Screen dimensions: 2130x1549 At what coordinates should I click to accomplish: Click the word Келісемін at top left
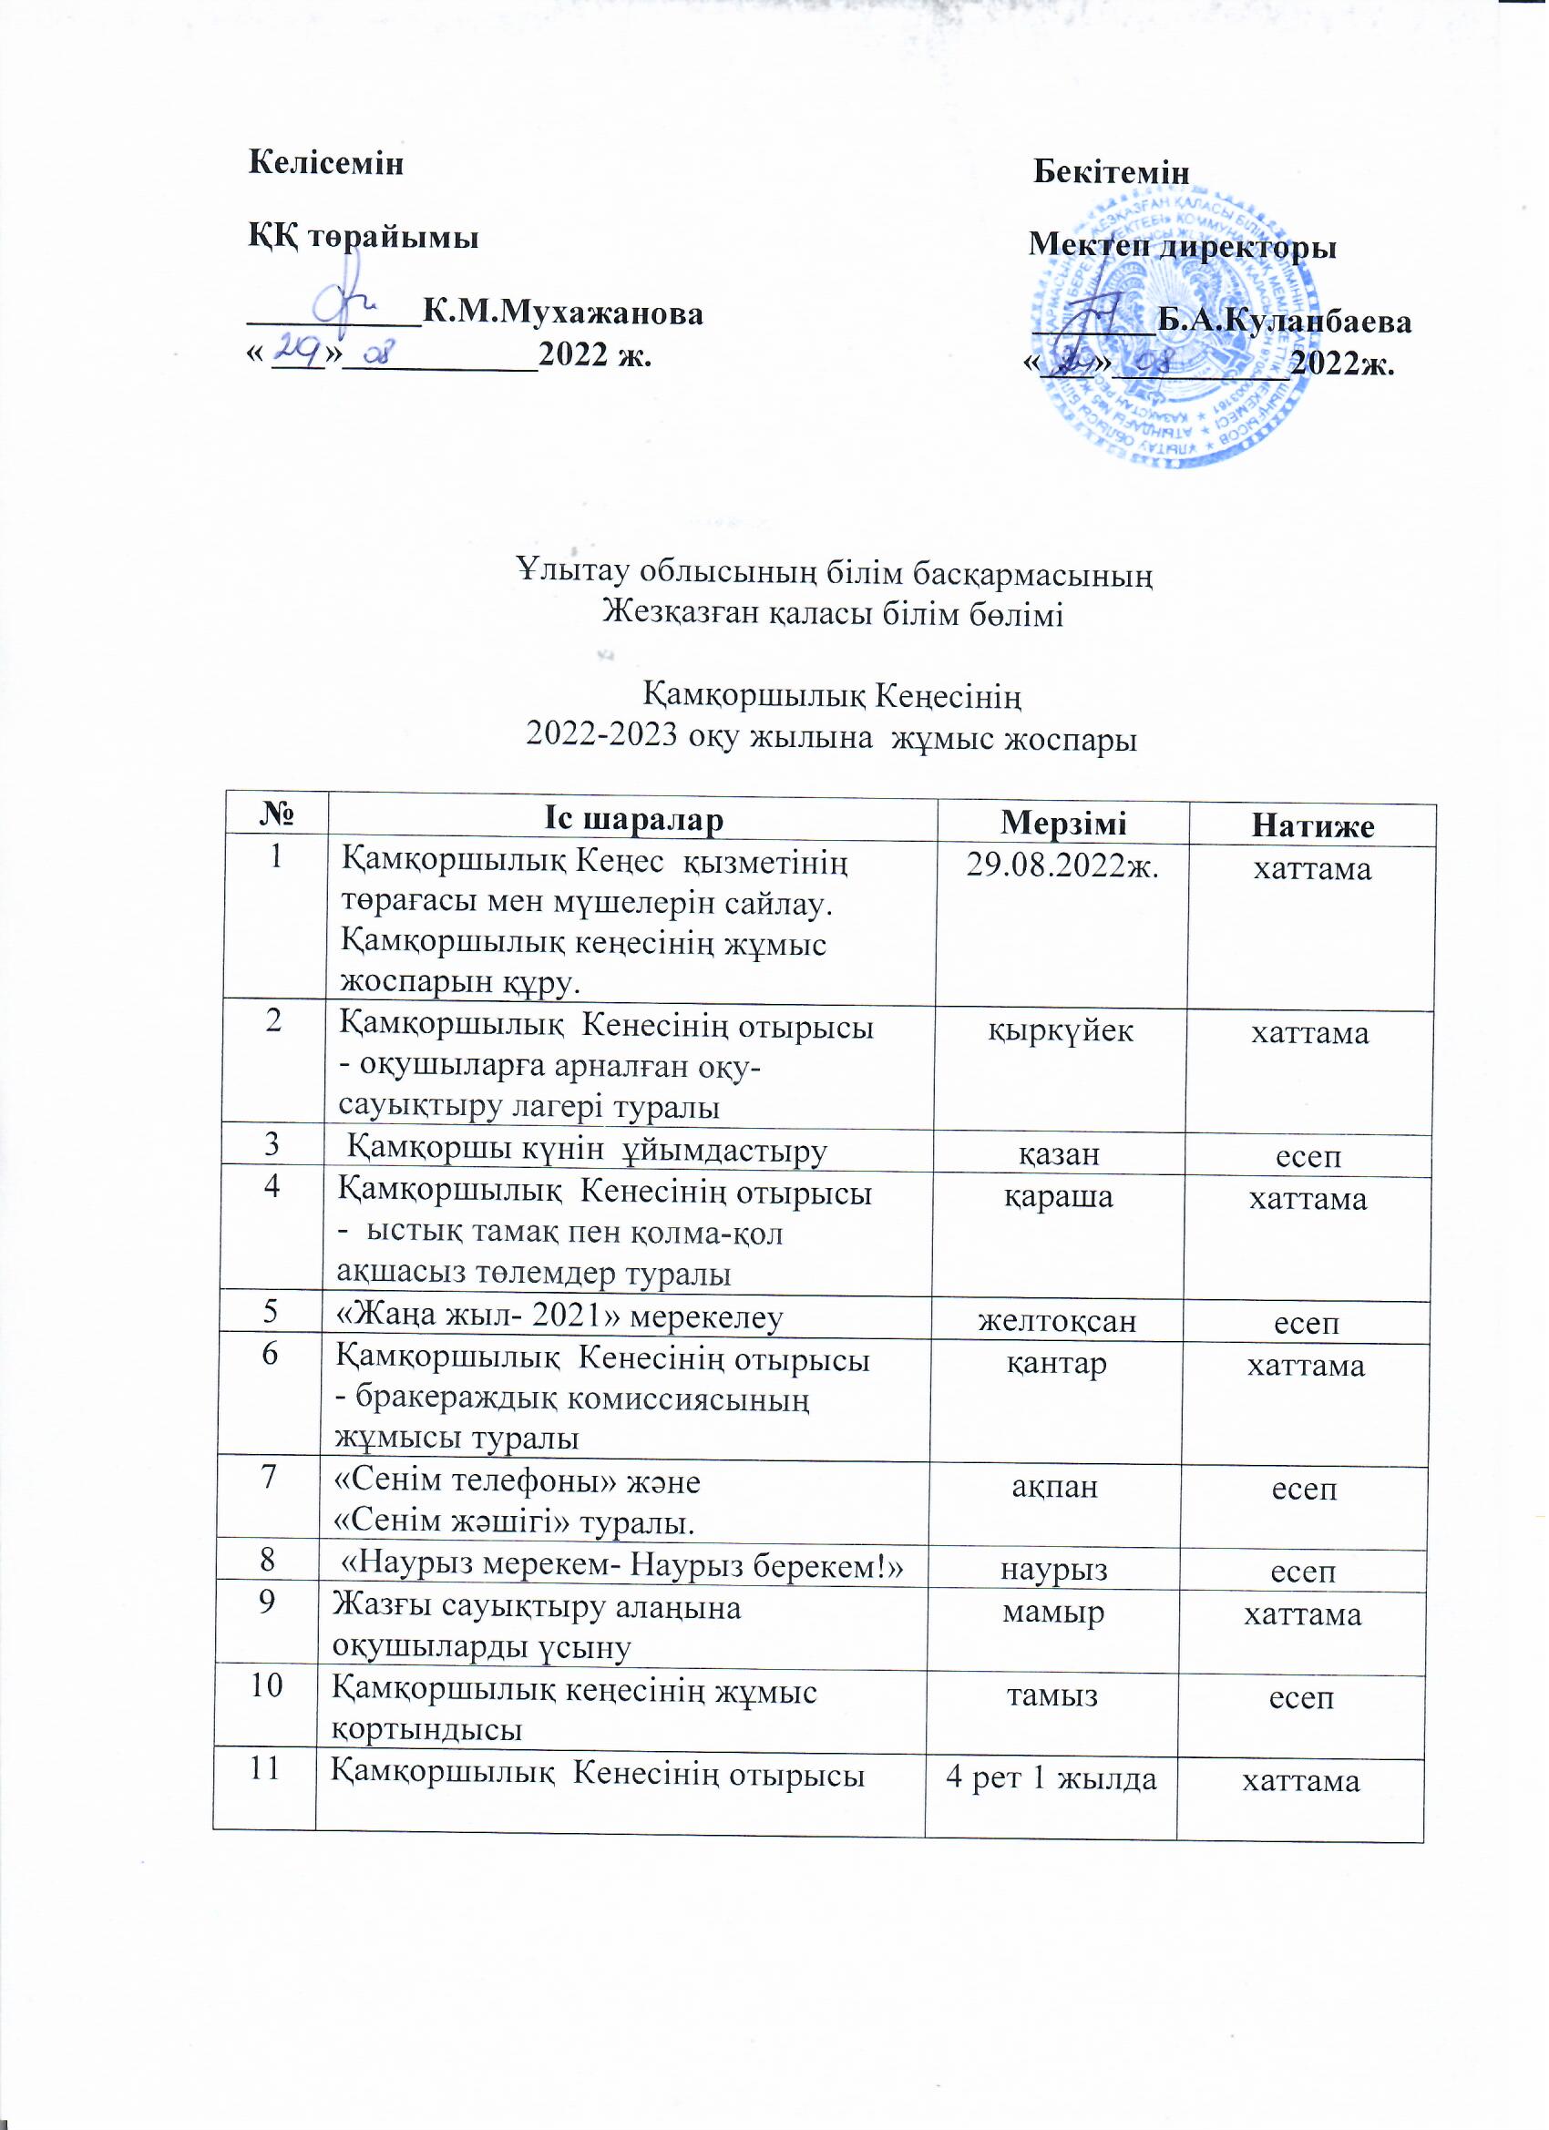pyautogui.click(x=325, y=162)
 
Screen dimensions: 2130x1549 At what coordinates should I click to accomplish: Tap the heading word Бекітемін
pyautogui.click(x=1112, y=173)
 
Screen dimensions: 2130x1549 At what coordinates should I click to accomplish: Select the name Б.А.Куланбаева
pyautogui.click(x=1283, y=322)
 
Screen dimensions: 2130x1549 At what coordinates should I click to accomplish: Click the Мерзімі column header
pyautogui.click(x=1063, y=823)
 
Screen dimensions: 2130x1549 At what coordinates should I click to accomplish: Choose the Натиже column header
pyautogui.click(x=1312, y=825)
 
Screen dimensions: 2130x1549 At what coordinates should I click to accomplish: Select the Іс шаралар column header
pyautogui.click(x=634, y=820)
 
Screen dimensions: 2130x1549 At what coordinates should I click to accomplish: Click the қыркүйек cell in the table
pyautogui.click(x=1061, y=1030)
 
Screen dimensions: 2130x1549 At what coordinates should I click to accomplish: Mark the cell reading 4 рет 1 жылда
pyautogui.click(x=1051, y=1779)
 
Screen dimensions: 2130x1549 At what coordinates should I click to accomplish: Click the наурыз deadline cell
pyautogui.click(x=1053, y=1570)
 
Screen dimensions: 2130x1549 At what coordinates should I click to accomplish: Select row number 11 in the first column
pyautogui.click(x=267, y=1768)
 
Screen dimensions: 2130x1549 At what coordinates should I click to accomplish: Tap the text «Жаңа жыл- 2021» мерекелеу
pyautogui.click(x=559, y=1317)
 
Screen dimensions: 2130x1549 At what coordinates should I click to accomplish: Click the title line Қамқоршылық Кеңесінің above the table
pyautogui.click(x=832, y=696)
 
